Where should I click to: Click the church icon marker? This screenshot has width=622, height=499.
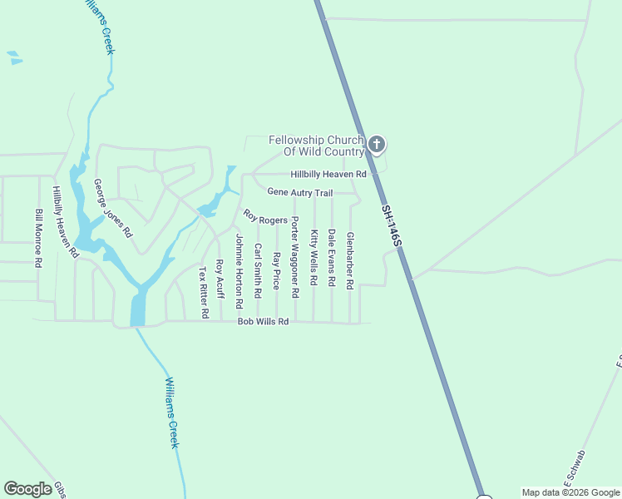(x=376, y=145)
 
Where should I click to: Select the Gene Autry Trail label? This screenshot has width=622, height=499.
(x=299, y=192)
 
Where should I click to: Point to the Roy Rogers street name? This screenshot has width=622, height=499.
(x=265, y=218)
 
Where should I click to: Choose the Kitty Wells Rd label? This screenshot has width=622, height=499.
(x=313, y=259)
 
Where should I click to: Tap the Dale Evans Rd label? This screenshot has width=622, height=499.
(x=332, y=259)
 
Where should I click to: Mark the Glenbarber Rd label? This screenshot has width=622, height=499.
(x=350, y=260)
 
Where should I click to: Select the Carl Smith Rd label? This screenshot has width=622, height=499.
(x=259, y=271)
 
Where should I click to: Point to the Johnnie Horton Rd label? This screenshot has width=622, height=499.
(x=239, y=266)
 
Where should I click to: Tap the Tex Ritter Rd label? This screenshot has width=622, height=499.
(x=203, y=293)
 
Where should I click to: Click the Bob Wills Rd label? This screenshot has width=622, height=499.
(x=263, y=322)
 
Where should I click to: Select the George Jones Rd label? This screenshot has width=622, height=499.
(x=112, y=209)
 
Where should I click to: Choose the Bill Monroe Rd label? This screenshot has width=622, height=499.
(x=38, y=238)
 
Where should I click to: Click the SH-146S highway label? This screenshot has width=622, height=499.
(x=392, y=225)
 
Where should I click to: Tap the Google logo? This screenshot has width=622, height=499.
(x=28, y=489)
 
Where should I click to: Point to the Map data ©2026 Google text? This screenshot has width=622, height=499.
(x=570, y=492)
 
